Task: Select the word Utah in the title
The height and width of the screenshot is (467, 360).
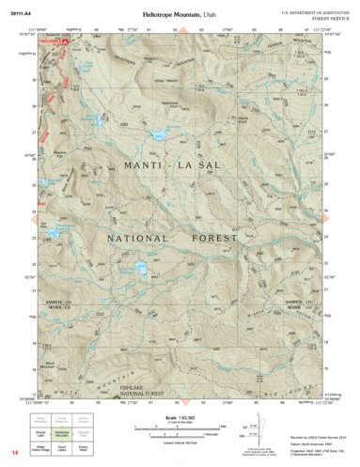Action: point(210,16)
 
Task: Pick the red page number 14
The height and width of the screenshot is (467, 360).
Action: point(15,454)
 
